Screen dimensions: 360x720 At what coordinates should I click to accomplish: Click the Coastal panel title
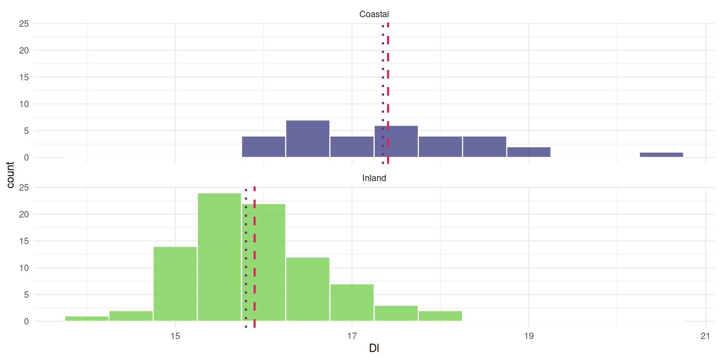374,14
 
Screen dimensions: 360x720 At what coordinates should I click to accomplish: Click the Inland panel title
374,178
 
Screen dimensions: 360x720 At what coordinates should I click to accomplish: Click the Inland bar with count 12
308,289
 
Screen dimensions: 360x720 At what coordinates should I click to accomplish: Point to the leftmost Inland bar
87,319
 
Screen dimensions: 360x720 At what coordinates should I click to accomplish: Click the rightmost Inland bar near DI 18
440,316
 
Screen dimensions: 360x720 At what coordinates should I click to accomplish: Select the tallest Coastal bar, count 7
308,139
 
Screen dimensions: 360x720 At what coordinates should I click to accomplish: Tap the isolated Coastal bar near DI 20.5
661,155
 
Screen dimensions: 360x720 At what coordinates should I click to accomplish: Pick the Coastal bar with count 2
529,152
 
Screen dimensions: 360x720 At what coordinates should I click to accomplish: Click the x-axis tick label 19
529,336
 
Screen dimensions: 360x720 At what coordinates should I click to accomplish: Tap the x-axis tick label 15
175,336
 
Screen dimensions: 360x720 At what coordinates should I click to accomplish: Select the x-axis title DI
374,348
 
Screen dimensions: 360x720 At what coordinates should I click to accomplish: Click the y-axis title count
10,175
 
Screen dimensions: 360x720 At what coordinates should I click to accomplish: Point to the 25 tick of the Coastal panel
24,24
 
